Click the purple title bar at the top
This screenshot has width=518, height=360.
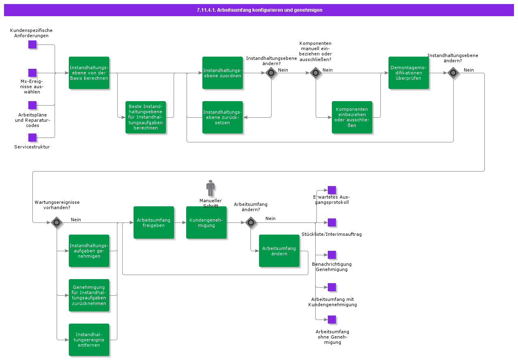259,10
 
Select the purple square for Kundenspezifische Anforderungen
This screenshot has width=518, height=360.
32,44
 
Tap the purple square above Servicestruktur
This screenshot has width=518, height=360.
32,138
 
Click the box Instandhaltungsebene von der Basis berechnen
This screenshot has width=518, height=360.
89,73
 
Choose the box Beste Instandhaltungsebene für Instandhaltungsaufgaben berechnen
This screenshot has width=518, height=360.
146,117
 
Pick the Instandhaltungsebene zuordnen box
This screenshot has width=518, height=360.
223,73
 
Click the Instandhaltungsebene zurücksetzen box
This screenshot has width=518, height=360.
223,117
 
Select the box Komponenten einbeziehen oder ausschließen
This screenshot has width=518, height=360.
352,117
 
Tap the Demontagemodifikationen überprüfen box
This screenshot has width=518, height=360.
409,73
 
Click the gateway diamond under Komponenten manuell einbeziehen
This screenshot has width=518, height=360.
316,73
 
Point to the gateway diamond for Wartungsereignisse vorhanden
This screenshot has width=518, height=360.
57,222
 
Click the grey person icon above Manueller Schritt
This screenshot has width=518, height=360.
210,188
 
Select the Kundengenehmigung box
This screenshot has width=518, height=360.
206,222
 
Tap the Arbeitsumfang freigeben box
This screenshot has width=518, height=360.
154,222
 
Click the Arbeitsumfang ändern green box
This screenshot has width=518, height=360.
279,251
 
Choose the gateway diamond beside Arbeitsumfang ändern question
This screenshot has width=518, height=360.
251,222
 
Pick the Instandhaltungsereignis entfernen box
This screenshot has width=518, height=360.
89,340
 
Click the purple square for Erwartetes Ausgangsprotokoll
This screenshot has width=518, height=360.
332,190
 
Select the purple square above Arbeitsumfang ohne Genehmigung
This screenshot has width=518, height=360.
332,320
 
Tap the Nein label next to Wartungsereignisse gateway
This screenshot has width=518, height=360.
76,220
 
